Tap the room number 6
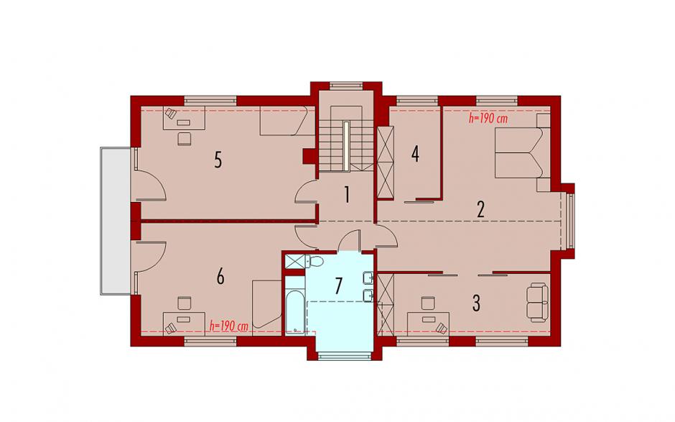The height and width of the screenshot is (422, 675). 220,277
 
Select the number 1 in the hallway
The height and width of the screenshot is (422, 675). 346,196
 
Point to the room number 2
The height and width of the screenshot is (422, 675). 480,209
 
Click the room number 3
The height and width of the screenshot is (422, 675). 476,303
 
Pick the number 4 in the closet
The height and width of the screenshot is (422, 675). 415,154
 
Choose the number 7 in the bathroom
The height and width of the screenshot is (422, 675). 339,285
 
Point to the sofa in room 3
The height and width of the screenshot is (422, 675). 538,302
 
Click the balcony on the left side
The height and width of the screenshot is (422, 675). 116,221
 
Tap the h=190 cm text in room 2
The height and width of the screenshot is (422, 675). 488,119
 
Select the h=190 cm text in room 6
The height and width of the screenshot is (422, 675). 229,326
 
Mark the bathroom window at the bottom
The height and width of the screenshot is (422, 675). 345,356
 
